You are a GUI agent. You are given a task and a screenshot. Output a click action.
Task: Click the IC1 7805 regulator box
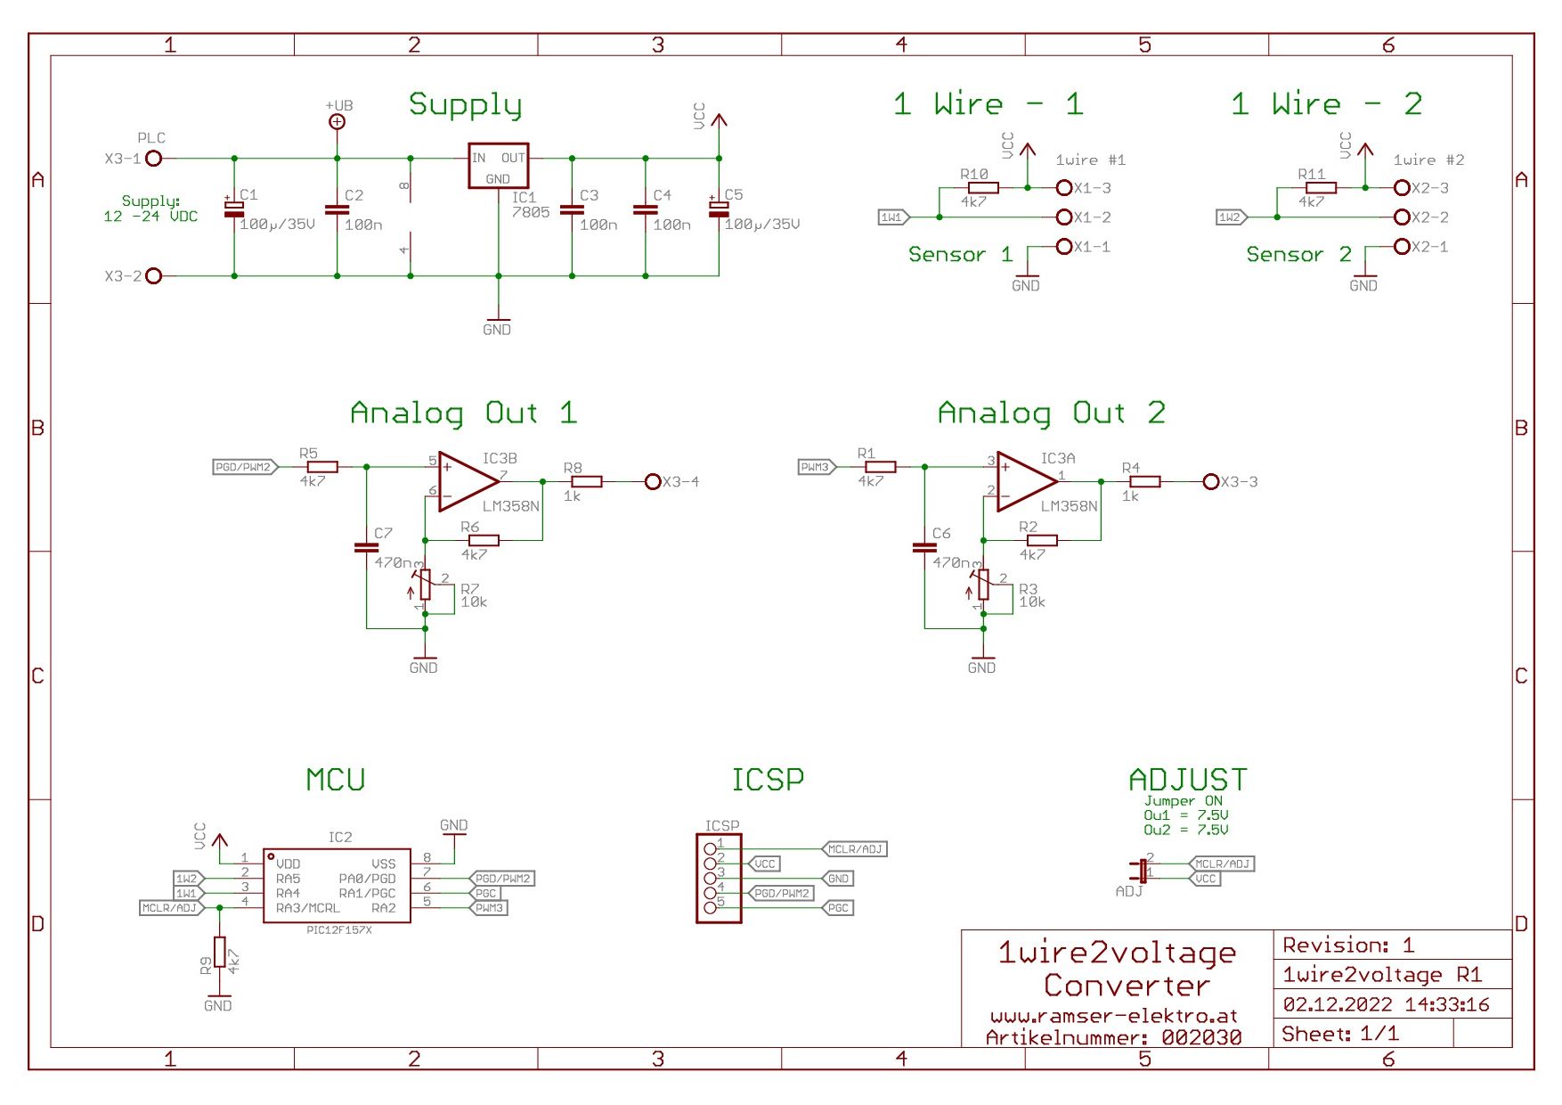coord(498,166)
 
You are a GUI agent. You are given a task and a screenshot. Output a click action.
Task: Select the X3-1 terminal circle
coord(153,159)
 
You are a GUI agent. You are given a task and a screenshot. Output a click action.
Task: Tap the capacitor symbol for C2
coord(337,210)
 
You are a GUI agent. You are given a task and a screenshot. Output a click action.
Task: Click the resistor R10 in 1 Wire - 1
coord(983,188)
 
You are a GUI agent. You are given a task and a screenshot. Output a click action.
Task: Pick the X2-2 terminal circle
coord(1402,217)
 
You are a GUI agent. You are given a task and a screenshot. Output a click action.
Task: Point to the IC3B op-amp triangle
coord(466,481)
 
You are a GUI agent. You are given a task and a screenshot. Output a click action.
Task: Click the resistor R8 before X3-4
coord(586,481)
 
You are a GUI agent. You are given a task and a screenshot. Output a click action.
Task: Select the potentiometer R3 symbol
coord(983,585)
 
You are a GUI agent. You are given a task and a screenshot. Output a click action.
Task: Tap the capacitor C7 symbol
coord(366,547)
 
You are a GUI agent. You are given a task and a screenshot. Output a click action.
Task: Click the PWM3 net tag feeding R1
coord(816,467)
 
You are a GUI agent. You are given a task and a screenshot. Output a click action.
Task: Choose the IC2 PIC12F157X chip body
coord(337,886)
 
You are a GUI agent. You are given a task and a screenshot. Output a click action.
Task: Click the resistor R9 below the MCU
coord(219,952)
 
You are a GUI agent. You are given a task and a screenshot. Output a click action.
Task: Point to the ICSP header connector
coord(718,879)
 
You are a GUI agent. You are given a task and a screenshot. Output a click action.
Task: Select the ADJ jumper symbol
coord(1142,871)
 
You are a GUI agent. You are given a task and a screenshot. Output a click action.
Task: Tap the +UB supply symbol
coord(337,122)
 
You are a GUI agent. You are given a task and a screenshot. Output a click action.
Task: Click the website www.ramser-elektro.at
coord(1113,1016)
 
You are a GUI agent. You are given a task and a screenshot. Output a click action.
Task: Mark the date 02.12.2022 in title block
coord(1337,1004)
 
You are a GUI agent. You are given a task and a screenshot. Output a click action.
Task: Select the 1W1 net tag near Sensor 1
coord(892,217)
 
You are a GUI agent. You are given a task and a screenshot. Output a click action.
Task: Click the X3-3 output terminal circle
coord(1210,481)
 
